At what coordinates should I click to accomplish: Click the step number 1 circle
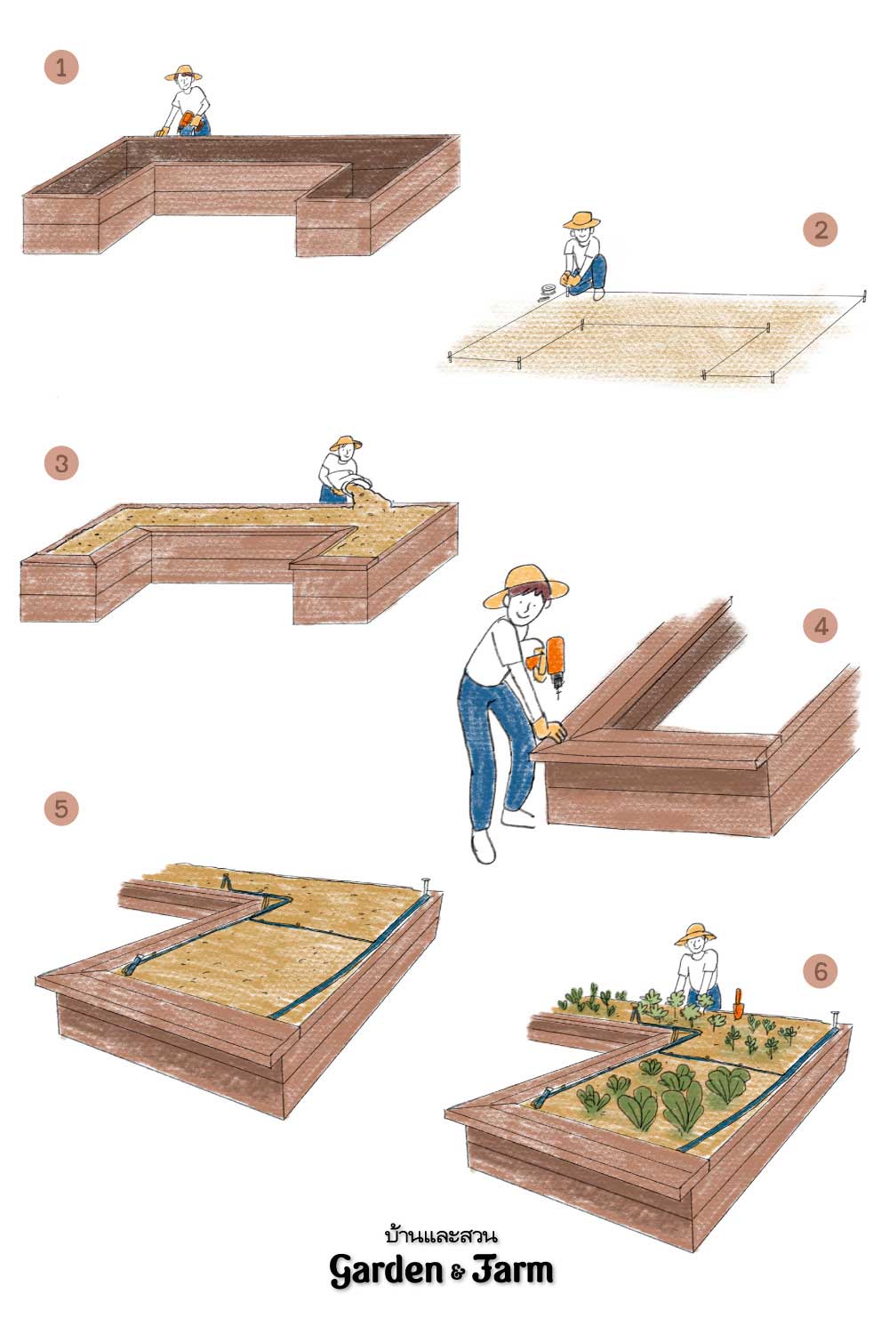coord(60,68)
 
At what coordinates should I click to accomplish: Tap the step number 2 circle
coord(821,229)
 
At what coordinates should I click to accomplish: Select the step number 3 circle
coord(60,464)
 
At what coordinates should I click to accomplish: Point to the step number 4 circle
coord(821,626)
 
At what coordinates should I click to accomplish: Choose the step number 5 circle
coord(60,808)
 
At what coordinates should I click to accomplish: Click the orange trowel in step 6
coord(739,1003)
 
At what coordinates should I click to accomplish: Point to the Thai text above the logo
coord(441,1235)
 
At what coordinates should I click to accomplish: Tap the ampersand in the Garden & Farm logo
coord(457,1273)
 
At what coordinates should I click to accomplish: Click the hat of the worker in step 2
coord(581,220)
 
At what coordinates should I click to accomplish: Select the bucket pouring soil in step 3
coord(355,484)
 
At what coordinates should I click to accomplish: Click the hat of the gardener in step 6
coord(695,935)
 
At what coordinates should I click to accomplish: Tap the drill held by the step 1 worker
coord(188,122)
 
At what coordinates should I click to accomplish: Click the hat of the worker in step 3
coord(346,443)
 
